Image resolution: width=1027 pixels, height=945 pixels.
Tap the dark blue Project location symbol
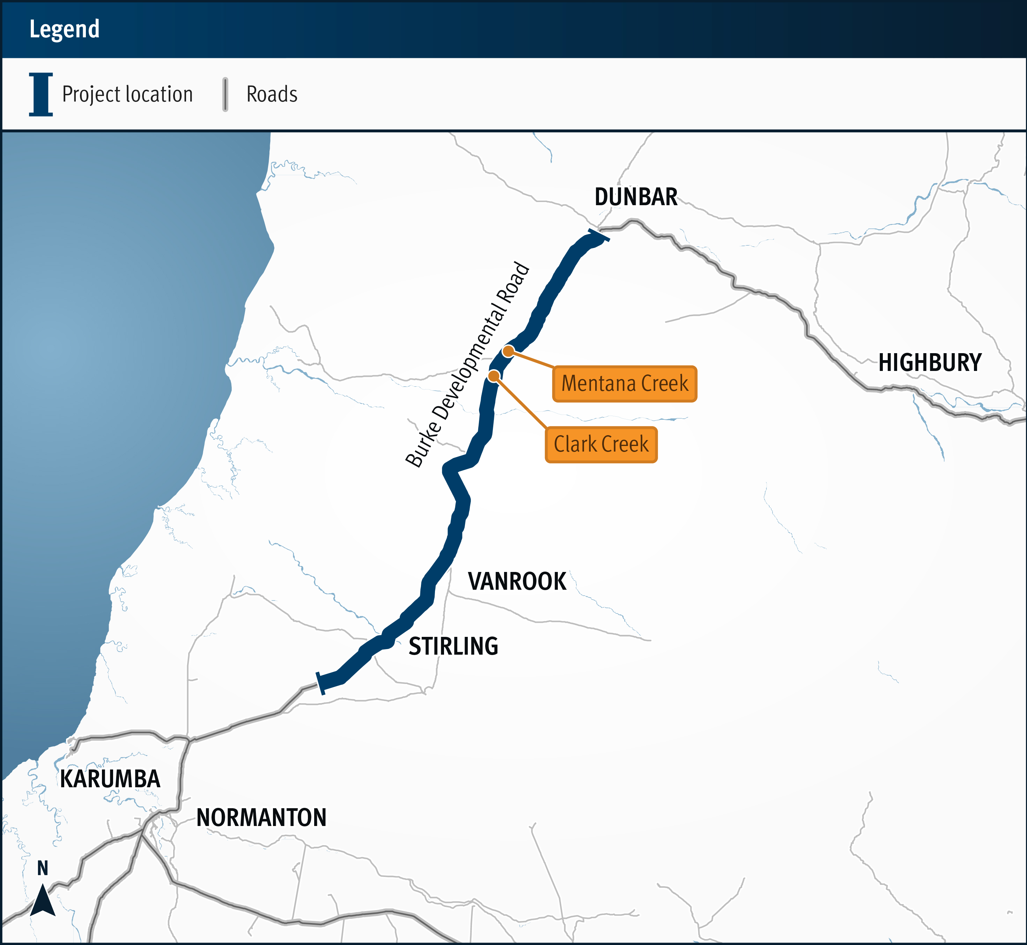(x=41, y=95)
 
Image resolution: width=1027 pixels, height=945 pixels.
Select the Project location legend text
(x=127, y=95)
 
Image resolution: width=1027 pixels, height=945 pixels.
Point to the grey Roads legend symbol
(x=225, y=95)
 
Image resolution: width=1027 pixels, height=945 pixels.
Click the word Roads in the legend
(x=272, y=95)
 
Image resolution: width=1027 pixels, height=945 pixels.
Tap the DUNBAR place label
(x=636, y=197)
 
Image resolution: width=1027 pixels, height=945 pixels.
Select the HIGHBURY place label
(x=930, y=363)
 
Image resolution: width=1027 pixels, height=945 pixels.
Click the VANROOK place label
(x=517, y=581)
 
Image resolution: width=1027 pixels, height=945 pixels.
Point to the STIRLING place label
(x=453, y=646)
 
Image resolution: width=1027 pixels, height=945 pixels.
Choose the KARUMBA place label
(x=110, y=779)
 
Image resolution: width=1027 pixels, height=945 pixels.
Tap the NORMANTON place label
(x=261, y=818)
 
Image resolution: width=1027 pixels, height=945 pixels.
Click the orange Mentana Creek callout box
(x=625, y=384)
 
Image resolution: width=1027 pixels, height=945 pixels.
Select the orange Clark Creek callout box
(x=601, y=444)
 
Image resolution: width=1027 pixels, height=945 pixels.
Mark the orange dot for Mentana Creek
(x=508, y=351)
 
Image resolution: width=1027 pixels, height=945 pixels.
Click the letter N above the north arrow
(x=43, y=868)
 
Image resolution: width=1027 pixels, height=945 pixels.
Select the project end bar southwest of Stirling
(x=321, y=683)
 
